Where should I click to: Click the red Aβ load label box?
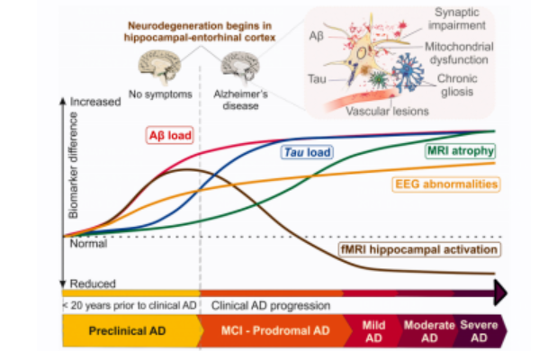tap(170, 135)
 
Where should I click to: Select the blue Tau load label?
tap(307, 152)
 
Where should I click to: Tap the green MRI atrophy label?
tap(460, 150)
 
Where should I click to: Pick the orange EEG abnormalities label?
tap(446, 184)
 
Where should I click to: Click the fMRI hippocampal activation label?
tap(419, 249)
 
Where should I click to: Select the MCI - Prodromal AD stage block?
tap(274, 331)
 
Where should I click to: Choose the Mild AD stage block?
tap(373, 331)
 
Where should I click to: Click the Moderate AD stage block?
tap(428, 331)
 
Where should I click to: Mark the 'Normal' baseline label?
tap(88, 244)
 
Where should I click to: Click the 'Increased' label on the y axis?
tap(95, 102)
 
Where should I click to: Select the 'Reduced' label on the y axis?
tap(93, 283)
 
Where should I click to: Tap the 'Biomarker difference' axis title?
tap(73, 166)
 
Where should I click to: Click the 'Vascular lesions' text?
tap(387, 112)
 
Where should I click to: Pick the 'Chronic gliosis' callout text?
tap(457, 85)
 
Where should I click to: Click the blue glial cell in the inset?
tap(408, 72)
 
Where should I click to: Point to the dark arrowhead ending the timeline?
tap(500, 292)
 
